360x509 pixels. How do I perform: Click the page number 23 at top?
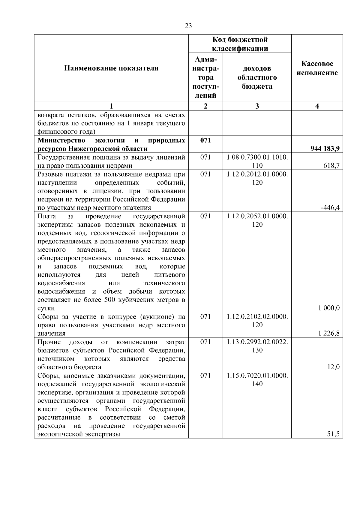[188, 26]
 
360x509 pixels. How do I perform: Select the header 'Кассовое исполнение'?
[317, 68]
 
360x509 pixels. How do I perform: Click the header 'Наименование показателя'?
[111, 68]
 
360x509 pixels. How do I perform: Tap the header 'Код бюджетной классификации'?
[240, 44]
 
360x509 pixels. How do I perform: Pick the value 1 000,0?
[329, 308]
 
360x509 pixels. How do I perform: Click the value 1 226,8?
[329, 333]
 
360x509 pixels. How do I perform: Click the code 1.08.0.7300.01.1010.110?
[257, 161]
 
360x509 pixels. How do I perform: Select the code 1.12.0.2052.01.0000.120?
[257, 220]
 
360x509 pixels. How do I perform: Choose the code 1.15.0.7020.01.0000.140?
[257, 379]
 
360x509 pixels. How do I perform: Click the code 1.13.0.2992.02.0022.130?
[257, 346]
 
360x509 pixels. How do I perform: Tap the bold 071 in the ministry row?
[205, 140]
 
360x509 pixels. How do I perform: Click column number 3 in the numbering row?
[257, 106]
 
